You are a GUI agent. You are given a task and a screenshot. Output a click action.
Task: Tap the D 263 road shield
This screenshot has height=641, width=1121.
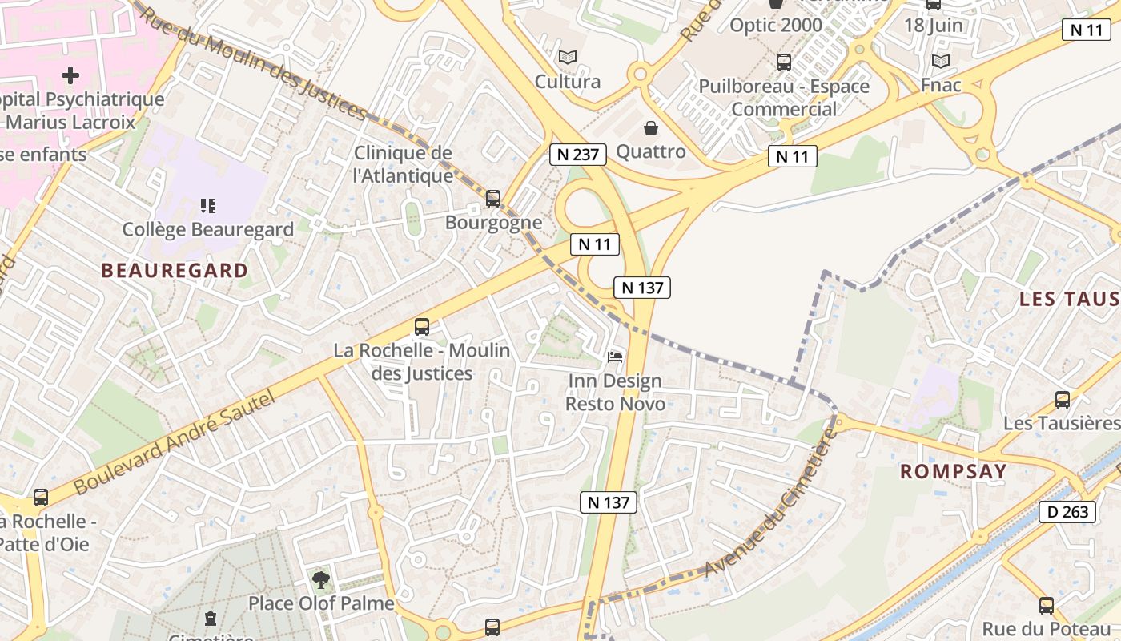[1067, 511]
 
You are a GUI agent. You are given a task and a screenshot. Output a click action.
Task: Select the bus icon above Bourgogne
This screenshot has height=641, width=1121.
[493, 198]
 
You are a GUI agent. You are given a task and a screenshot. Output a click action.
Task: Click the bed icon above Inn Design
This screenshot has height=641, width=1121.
[614, 356]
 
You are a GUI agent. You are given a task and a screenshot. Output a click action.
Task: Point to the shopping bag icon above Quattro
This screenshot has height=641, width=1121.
[651, 128]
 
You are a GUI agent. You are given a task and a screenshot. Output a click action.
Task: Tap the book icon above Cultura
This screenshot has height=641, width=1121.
[568, 58]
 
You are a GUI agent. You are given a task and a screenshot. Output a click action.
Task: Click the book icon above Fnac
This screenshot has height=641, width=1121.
[941, 61]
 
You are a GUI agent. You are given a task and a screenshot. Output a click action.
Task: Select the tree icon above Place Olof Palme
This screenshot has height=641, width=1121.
[321, 579]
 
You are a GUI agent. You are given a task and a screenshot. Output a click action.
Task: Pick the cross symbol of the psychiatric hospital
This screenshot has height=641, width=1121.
[70, 76]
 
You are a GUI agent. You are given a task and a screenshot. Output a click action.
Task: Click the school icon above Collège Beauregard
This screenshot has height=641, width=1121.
[208, 206]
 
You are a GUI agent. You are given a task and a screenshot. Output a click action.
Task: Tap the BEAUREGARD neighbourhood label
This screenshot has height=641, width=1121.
[175, 271]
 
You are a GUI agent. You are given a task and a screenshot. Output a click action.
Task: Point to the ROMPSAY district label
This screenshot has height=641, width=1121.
[953, 471]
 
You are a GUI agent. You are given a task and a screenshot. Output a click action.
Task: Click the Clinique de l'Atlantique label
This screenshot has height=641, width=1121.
[403, 163]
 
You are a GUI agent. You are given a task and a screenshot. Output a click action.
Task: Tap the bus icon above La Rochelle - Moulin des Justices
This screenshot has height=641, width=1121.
[422, 327]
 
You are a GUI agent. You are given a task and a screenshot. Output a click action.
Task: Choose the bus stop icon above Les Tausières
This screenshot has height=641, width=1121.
[1063, 399]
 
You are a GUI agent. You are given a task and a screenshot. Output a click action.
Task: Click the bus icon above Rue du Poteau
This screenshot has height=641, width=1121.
[1047, 605]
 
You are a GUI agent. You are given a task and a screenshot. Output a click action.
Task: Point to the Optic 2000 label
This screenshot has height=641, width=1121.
[775, 25]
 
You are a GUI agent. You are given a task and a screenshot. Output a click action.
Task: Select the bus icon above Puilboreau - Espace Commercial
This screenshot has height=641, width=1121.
[784, 62]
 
